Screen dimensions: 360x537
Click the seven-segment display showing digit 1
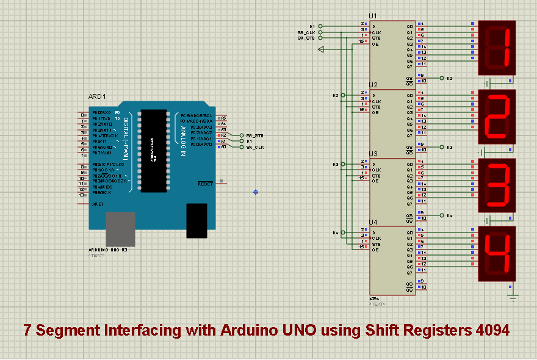click(x=497, y=48)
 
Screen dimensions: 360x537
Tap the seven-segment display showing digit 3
click(x=497, y=185)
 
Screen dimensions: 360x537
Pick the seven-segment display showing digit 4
click(x=497, y=254)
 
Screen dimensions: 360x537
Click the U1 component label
click(x=373, y=16)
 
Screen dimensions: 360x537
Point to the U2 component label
click(x=373, y=85)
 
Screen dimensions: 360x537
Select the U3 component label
click(x=373, y=154)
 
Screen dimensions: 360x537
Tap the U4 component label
click(x=373, y=222)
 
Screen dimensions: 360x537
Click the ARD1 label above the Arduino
click(x=97, y=96)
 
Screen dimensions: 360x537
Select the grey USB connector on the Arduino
click(x=120, y=229)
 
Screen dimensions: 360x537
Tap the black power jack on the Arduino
click(x=196, y=220)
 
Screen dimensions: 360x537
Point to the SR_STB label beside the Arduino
click(x=254, y=135)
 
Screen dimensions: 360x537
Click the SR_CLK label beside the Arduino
click(x=254, y=147)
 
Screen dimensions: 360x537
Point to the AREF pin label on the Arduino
click(x=97, y=204)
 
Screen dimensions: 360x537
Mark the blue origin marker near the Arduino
click(x=255, y=192)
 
